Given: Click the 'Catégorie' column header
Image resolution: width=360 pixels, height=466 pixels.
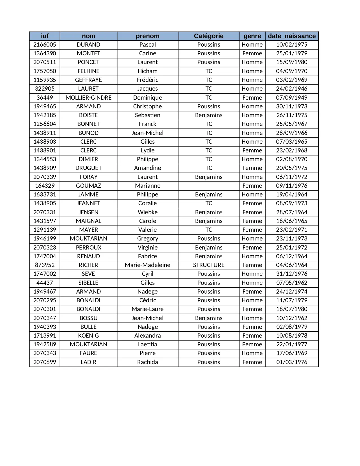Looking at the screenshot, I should [x=208, y=36].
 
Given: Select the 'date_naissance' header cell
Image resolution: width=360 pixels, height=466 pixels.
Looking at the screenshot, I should [x=292, y=36].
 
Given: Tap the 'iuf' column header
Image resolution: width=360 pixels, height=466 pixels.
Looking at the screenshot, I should [x=45, y=36].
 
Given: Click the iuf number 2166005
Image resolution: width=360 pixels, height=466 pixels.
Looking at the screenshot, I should [x=45, y=45].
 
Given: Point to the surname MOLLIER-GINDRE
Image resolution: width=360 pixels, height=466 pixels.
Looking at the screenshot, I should [x=88, y=98].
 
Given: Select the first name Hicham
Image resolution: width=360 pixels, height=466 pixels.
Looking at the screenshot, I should [x=147, y=71].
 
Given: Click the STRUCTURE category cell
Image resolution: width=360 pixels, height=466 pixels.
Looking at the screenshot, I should [x=208, y=265].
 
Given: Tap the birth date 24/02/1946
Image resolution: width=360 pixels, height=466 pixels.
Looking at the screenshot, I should [x=292, y=89].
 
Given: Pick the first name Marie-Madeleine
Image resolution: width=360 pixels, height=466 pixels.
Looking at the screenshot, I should [x=147, y=265].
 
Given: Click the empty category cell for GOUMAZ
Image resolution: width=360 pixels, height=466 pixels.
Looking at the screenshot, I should [x=208, y=186].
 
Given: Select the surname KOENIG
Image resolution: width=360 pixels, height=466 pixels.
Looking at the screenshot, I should [x=88, y=336].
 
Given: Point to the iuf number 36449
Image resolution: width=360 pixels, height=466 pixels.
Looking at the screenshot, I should [x=45, y=98].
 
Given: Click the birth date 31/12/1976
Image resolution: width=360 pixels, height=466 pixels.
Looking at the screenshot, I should [x=292, y=274].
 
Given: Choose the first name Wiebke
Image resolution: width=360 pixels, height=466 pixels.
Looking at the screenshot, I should [x=147, y=212].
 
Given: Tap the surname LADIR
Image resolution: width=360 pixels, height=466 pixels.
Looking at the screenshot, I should [x=88, y=362].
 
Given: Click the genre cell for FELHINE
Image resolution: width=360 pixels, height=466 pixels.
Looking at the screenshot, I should [x=252, y=71].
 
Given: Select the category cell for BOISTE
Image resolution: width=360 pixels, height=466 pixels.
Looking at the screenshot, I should [x=208, y=115].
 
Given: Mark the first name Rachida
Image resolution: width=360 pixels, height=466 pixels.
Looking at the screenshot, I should [x=147, y=362].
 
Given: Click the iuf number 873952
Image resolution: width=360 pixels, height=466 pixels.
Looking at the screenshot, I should [x=45, y=265].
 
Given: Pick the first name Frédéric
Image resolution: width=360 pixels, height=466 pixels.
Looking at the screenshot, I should [x=147, y=80].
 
